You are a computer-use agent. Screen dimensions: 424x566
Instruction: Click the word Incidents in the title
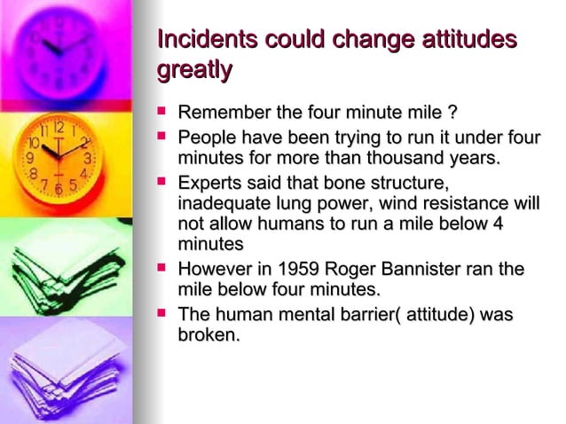pos(199,40)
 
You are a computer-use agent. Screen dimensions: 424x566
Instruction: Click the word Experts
pos(210,184)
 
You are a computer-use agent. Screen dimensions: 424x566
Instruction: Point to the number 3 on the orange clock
pos(86,157)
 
